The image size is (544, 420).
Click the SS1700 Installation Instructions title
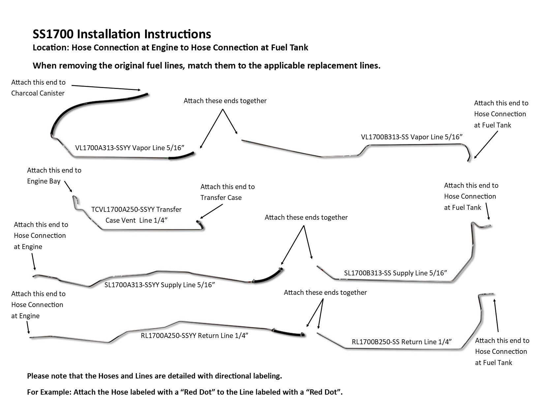click(122, 34)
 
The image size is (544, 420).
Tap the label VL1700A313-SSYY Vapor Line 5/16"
click(129, 148)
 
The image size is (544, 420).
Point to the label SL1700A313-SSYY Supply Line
click(160, 285)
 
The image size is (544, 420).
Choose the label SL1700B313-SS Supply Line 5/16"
click(395, 273)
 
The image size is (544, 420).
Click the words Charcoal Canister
click(38, 93)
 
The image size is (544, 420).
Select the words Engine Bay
click(44, 181)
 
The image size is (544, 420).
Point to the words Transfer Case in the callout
click(221, 198)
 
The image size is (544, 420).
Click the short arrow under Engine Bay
click(68, 186)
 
